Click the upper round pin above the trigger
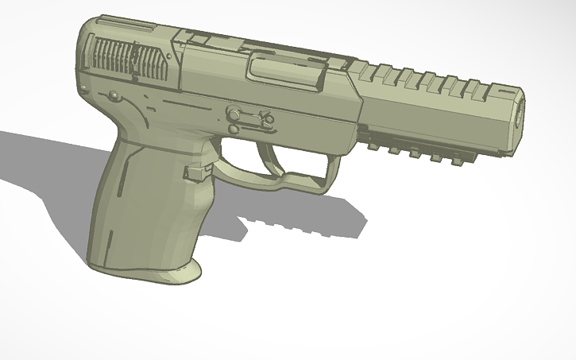coord(235,113)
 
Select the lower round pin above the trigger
coord(234,128)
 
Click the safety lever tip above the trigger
coord(266,120)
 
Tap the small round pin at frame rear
coord(114,95)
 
